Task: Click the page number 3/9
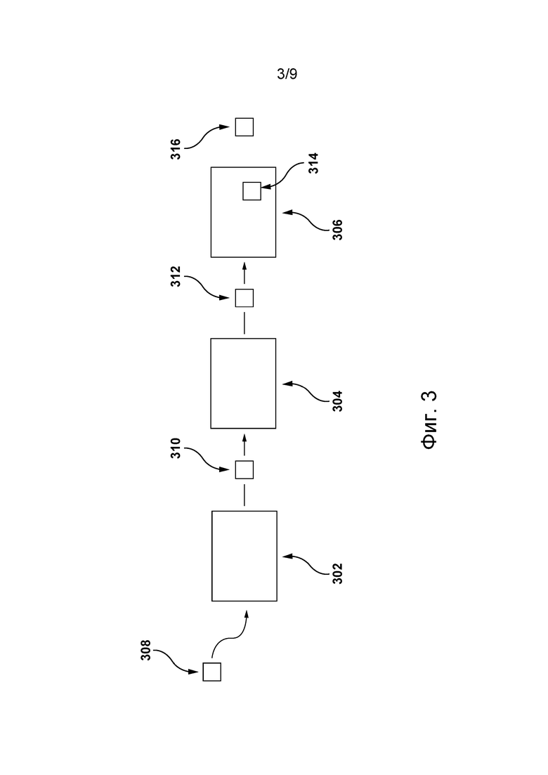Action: [x=287, y=74]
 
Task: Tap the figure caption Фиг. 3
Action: [x=429, y=419]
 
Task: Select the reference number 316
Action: [x=176, y=149]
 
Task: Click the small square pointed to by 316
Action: [x=244, y=127]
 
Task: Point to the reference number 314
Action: [x=313, y=163]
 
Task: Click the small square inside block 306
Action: [x=252, y=191]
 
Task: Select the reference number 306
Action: [x=337, y=230]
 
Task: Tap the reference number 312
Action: [x=176, y=277]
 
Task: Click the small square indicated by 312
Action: [x=244, y=298]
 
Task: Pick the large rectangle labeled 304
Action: [x=243, y=384]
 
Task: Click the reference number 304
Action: [x=337, y=401]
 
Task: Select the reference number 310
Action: [x=176, y=448]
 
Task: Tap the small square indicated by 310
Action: [x=244, y=469]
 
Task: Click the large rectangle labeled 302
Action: [x=244, y=556]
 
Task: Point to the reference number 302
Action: [x=337, y=574]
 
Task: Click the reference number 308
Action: [x=145, y=651]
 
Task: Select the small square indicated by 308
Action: [x=212, y=672]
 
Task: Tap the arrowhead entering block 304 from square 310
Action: [x=244, y=437]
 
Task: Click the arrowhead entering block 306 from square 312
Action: [x=244, y=266]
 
